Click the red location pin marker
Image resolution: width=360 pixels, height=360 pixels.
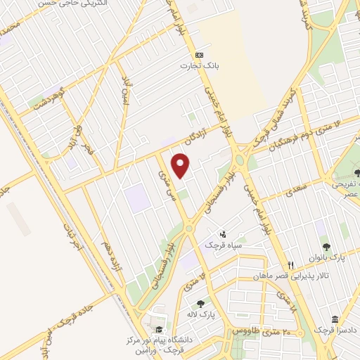(x=182, y=165)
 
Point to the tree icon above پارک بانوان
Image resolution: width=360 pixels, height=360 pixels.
(x=327, y=246)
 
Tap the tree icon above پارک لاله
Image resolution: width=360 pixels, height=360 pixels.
(x=201, y=304)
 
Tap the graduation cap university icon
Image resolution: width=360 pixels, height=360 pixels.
(x=160, y=330)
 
